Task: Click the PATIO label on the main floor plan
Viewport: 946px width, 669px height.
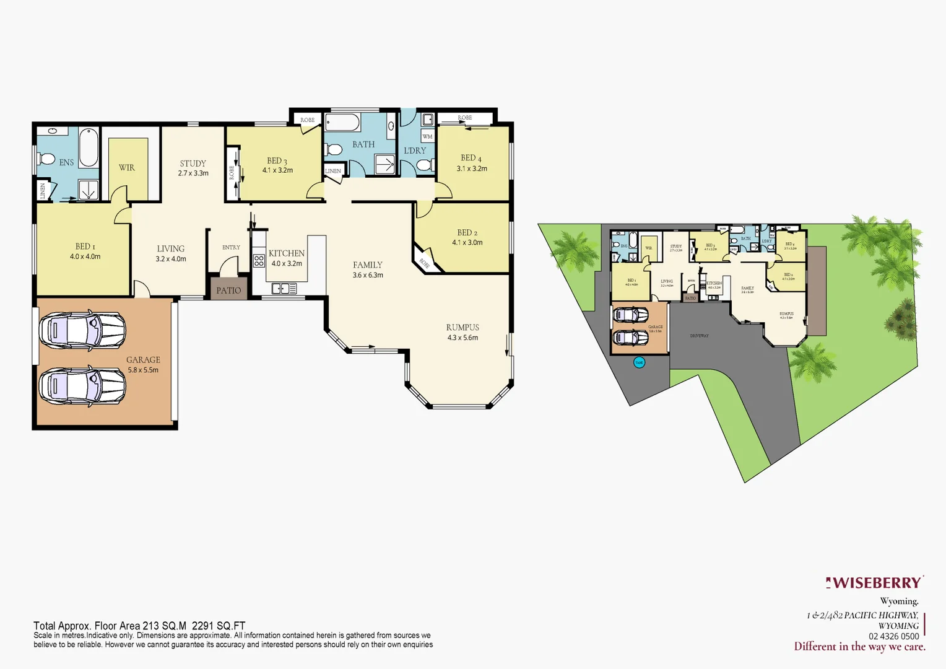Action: click(228, 290)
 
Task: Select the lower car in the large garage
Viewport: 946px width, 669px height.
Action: click(82, 386)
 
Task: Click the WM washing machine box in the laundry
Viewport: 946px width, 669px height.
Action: click(427, 136)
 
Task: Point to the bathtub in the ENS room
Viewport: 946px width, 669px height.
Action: click(89, 147)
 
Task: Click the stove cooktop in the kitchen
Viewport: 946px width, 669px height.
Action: click(259, 260)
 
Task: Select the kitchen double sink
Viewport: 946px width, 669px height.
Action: click(284, 288)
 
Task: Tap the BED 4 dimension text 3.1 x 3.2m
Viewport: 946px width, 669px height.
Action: click(472, 168)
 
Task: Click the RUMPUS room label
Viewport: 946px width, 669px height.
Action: click(462, 327)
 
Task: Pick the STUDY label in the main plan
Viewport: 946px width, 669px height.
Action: click(193, 164)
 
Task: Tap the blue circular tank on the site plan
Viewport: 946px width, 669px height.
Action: click(639, 362)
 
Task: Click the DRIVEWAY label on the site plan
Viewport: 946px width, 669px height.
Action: click(699, 336)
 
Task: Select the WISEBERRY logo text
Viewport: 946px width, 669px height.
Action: click(875, 583)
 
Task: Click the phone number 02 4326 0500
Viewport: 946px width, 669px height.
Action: click(893, 636)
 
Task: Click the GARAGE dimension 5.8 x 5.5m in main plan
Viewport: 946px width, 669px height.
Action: click(143, 370)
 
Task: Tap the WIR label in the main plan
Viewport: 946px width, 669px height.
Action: click(127, 167)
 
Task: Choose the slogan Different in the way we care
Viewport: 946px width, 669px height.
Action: click(859, 647)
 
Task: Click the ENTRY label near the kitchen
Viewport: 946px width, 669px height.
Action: click(231, 247)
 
